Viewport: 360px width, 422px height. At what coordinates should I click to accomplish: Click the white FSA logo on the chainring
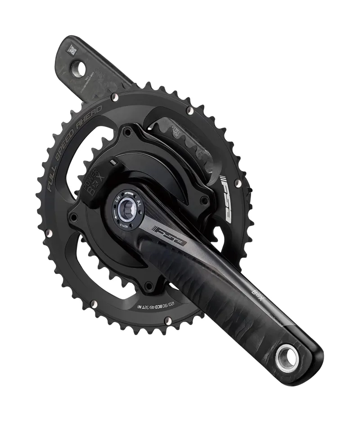point(224,198)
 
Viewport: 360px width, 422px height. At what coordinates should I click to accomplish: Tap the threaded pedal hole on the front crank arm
point(287,358)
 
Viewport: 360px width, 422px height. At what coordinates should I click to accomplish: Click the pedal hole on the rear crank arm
point(80,69)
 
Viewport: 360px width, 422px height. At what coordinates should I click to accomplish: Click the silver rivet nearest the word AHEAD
point(116,96)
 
